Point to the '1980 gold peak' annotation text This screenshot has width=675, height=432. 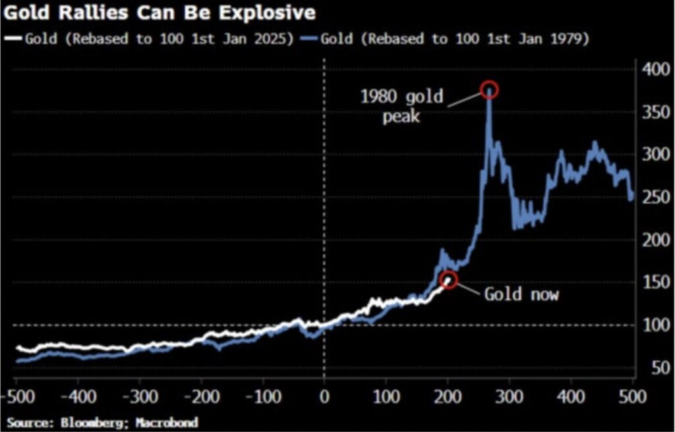(x=401, y=108)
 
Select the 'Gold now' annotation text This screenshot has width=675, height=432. (x=521, y=294)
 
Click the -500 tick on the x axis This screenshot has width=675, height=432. (x=16, y=398)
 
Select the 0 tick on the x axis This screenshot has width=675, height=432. (x=324, y=398)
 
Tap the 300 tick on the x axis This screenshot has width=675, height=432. (x=510, y=398)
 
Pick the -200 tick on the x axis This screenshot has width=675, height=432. (x=200, y=398)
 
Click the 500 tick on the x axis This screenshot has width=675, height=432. (x=633, y=398)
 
